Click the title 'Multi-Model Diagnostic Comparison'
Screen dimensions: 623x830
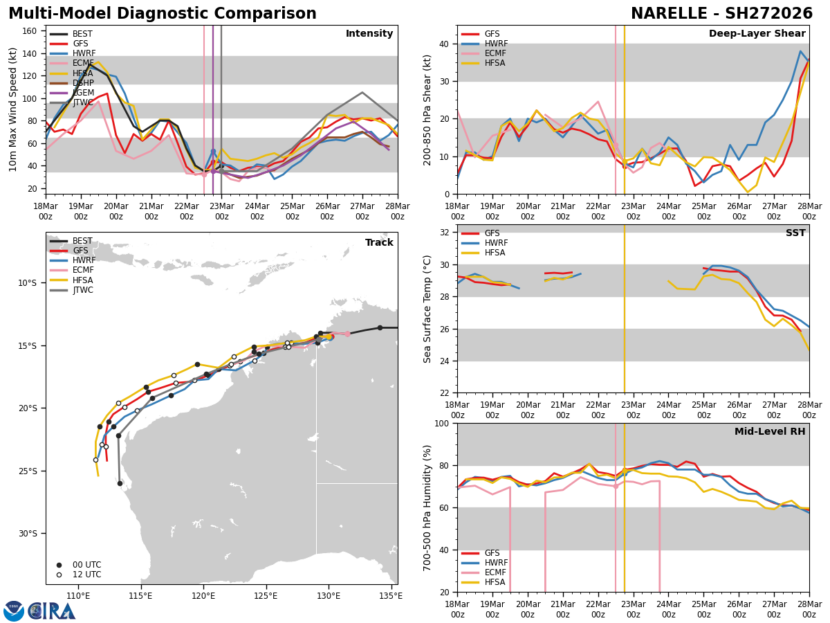click(x=162, y=14)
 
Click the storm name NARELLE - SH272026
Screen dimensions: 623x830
click(x=721, y=14)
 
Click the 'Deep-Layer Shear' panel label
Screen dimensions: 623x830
click(x=757, y=34)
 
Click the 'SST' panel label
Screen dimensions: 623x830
click(x=795, y=233)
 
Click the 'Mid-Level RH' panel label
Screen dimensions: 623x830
click(x=770, y=432)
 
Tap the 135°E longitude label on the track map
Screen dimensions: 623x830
click(x=391, y=596)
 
